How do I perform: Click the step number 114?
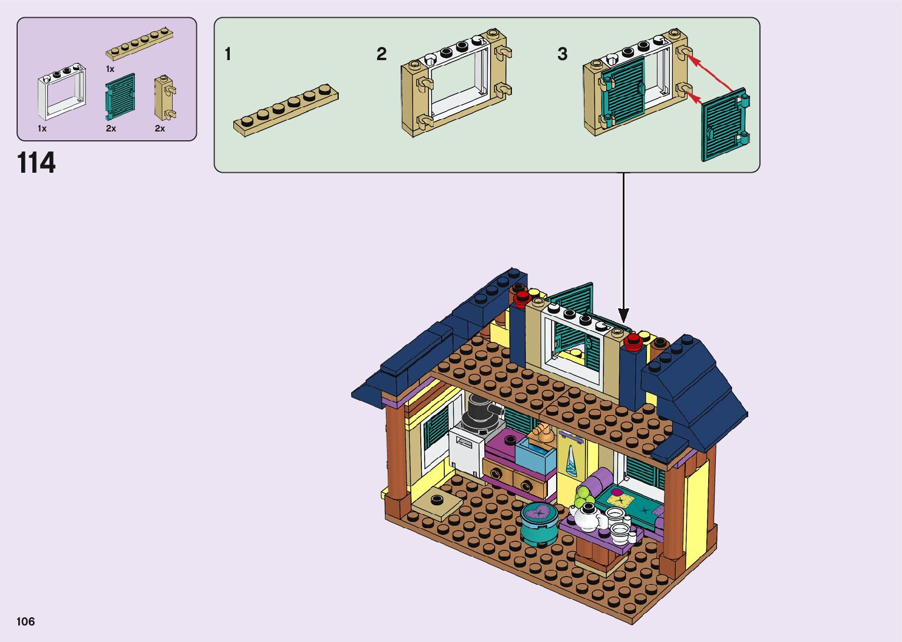pos(37,163)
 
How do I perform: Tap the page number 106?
pos(26,621)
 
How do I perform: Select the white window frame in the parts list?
pos(61,93)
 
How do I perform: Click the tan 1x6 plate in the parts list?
pos(139,44)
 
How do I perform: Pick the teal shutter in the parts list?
pos(120,97)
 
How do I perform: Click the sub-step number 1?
pos(228,55)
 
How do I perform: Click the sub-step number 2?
pos(381,55)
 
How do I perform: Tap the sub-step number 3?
pos(562,55)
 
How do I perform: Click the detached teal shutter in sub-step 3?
pos(725,124)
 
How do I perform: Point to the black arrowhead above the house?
pos(623,315)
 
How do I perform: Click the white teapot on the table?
pos(590,516)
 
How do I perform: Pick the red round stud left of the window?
pos(521,300)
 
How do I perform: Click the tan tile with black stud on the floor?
pos(437,502)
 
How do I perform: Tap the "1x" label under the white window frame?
pos(42,129)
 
